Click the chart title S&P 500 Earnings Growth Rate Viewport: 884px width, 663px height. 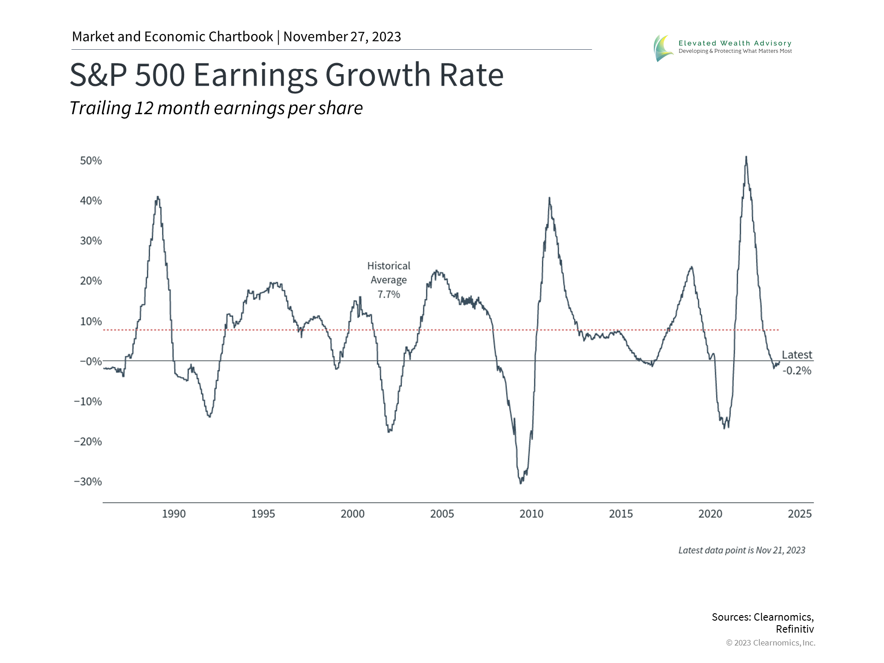coord(286,75)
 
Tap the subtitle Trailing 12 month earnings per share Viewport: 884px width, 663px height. coord(216,108)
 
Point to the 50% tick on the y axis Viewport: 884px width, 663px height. coord(91,161)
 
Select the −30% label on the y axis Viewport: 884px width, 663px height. coord(88,482)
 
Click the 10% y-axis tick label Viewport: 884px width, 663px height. coord(91,321)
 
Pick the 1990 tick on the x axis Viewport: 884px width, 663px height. coord(174,514)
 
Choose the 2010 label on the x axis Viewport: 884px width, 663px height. coord(531,514)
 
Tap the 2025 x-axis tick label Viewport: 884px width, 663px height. coord(799,514)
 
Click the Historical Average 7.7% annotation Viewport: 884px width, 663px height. coord(389,280)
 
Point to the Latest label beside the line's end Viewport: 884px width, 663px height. coord(797,355)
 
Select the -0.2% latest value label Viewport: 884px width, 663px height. coord(797,371)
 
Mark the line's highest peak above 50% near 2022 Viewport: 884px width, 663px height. coord(746,157)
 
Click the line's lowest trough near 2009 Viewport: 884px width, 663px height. coord(521,483)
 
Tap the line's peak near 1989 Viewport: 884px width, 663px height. coord(158,198)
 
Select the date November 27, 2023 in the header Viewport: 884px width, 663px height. coord(342,37)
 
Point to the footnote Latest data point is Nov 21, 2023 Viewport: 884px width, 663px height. coord(741,550)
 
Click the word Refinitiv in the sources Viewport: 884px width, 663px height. coord(795,629)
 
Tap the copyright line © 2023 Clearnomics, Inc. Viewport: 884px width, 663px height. coord(770,643)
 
